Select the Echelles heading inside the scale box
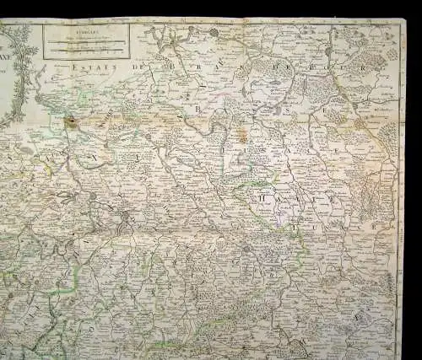pos(85,32)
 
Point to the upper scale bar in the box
pos(85,42)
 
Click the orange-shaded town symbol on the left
pos(74,123)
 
